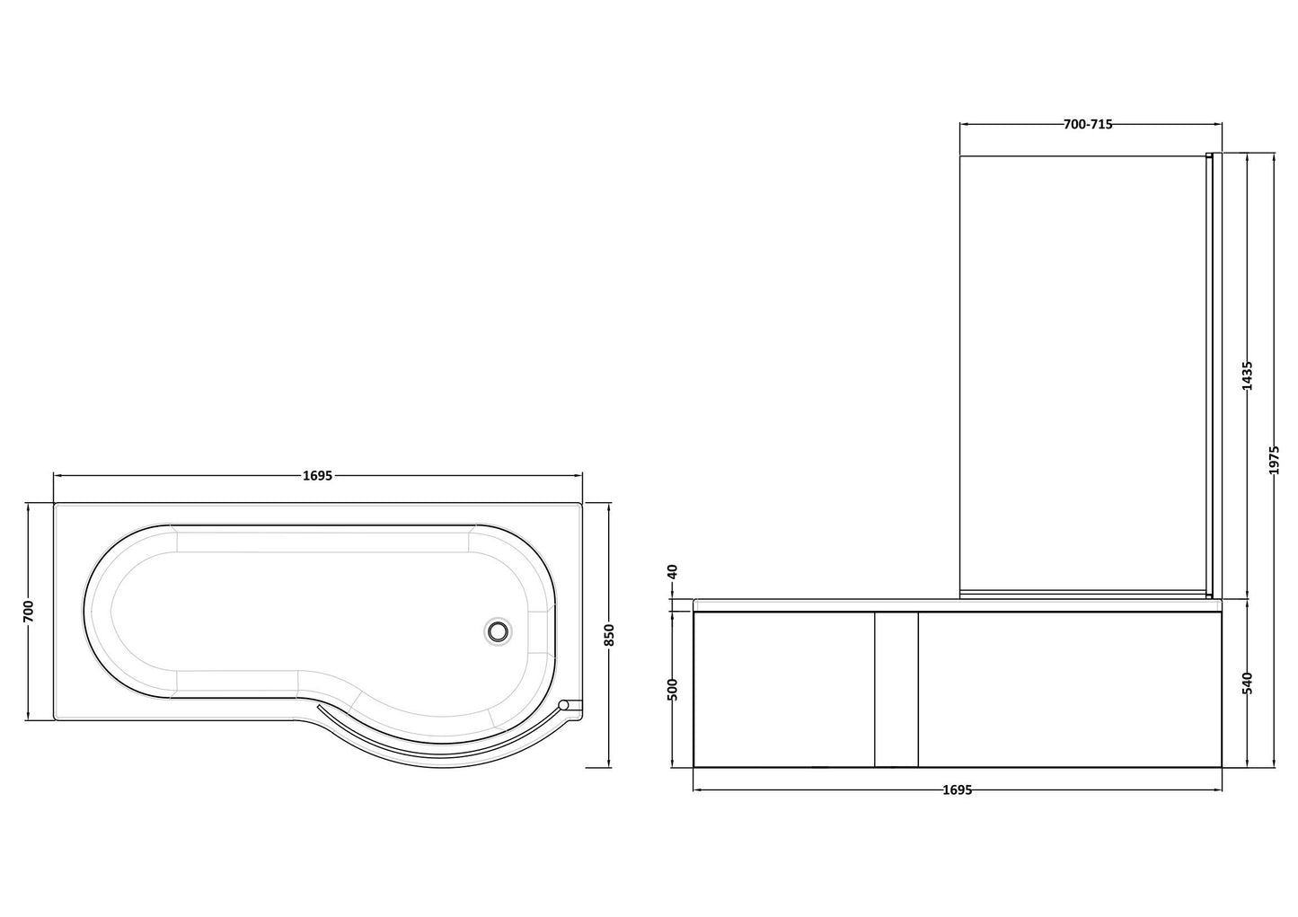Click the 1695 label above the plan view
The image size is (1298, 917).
(x=318, y=476)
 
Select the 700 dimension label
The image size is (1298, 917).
(x=28, y=611)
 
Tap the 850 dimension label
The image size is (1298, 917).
(x=609, y=635)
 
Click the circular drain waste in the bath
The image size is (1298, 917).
(x=497, y=630)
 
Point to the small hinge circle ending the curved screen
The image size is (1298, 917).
(x=564, y=706)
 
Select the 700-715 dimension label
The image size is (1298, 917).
(x=1088, y=125)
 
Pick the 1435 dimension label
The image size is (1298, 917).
(x=1246, y=375)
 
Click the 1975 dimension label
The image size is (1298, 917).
(x=1275, y=460)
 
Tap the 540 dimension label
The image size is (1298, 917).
(x=1246, y=683)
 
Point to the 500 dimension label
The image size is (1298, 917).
(x=674, y=689)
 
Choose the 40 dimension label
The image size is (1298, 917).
(x=674, y=572)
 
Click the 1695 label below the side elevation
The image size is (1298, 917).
(x=958, y=790)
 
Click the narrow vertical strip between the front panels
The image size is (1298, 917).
(x=896, y=689)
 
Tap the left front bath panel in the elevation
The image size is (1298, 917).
(x=783, y=689)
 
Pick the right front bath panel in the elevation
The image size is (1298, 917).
(x=1069, y=689)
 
